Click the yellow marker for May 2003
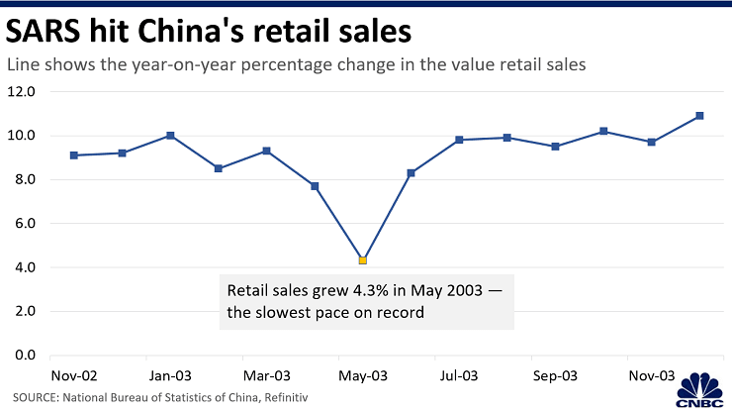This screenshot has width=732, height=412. [363, 260]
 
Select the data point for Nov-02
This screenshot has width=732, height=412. [74, 154]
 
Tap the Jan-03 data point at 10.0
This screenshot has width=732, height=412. [170, 135]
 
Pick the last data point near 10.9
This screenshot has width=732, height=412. [699, 116]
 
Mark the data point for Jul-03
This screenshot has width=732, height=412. [459, 140]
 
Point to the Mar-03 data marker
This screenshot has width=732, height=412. [267, 151]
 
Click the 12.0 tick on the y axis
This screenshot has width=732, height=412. [21, 92]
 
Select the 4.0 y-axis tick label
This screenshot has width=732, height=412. [21, 267]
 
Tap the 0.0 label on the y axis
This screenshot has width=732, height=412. [21, 356]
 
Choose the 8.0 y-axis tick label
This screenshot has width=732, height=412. [21, 180]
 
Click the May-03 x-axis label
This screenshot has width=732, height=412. [363, 376]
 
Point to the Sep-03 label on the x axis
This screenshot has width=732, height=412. [555, 376]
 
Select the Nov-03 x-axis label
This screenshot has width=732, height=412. [652, 376]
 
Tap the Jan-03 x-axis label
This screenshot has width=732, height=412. [170, 376]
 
